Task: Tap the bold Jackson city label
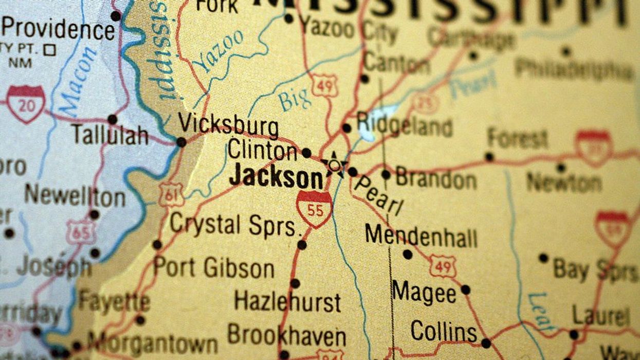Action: coord(276,177)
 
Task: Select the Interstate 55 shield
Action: coord(314,209)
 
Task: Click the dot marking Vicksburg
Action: coord(181,142)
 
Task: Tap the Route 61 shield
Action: coord(171,194)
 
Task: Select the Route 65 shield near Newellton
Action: coord(80,231)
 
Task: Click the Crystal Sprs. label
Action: coord(234,225)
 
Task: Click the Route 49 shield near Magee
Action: coord(443,265)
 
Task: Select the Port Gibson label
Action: coord(214,268)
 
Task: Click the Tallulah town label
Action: coord(109,135)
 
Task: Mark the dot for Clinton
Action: coord(306,153)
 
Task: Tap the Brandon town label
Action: coord(436,178)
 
